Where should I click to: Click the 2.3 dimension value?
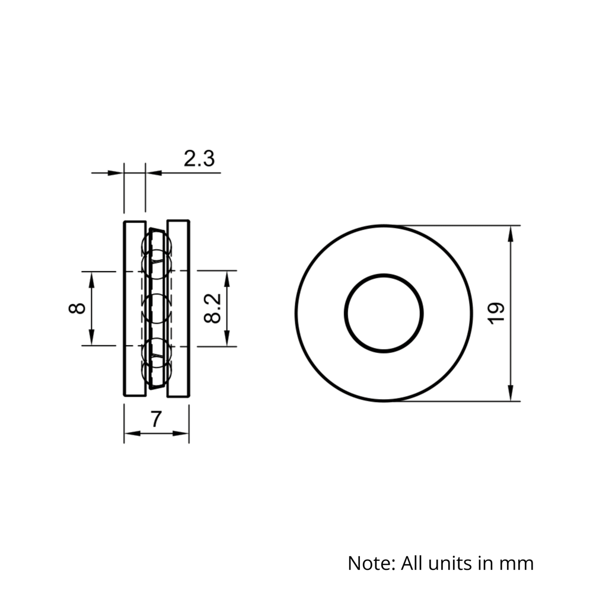(x=198, y=159)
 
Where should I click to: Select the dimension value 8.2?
(x=212, y=308)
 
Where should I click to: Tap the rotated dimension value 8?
(x=78, y=308)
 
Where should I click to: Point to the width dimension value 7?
(x=155, y=419)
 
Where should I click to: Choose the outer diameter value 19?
(x=496, y=313)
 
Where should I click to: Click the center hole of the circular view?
(x=384, y=313)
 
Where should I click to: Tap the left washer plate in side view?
(x=135, y=308)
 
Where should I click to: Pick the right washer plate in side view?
(x=178, y=308)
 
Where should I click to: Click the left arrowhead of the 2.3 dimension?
(x=116, y=173)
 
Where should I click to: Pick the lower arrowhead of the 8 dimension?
(x=91, y=339)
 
